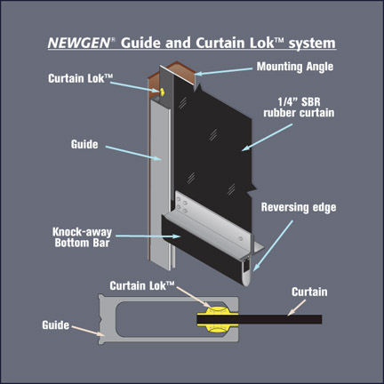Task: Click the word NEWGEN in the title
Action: point(78,43)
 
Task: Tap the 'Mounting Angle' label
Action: point(295,67)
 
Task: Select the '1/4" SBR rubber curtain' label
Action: point(299,108)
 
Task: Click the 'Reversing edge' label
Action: point(299,207)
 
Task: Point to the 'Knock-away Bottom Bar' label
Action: point(83,237)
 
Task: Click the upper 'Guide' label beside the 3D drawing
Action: point(84,144)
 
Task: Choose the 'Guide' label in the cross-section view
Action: point(56,325)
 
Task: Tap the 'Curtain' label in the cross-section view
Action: point(309,292)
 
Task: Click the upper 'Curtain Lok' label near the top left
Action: point(81,78)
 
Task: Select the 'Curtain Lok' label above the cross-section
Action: point(142,285)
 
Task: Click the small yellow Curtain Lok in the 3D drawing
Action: point(162,92)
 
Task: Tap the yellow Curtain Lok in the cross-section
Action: point(218,319)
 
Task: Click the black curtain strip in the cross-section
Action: point(260,319)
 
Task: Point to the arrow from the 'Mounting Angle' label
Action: point(223,71)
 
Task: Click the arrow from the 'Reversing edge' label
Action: point(273,245)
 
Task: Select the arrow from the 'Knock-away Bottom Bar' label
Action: point(148,236)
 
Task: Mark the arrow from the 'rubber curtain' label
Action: point(267,138)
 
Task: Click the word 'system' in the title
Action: point(312,44)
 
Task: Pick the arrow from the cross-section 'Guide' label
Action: point(88,331)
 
